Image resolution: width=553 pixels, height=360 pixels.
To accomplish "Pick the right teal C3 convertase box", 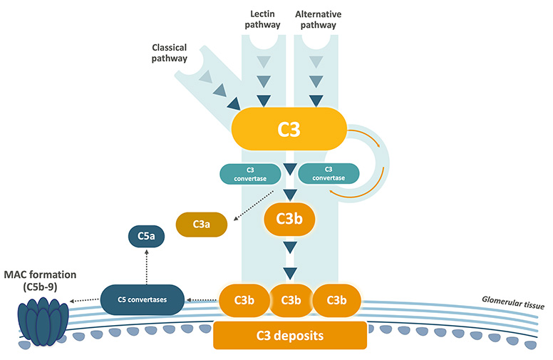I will (x=329, y=174).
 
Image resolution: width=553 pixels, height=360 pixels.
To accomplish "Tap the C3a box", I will (x=202, y=225).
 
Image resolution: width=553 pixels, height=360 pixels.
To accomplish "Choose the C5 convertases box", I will (x=142, y=299).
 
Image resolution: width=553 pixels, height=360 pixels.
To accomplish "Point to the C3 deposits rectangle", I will (x=290, y=334).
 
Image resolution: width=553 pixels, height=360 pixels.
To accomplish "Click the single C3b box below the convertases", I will (x=289, y=220).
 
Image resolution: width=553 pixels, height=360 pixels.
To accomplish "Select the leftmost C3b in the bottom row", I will (x=242, y=300).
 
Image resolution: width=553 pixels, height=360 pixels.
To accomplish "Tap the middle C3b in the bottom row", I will (x=290, y=300).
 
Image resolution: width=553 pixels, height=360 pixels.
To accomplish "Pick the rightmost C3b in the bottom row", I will (x=336, y=300).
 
